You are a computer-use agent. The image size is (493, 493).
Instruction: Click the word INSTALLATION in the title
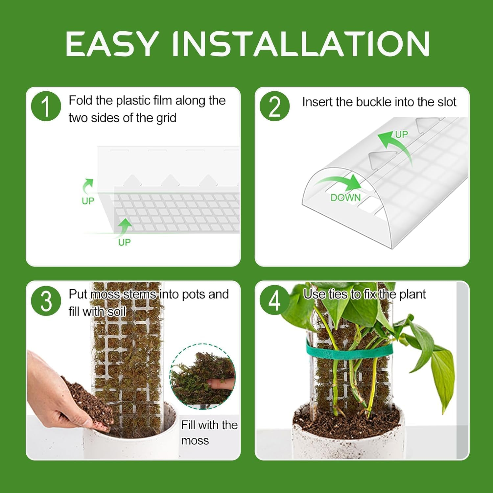tap(300, 44)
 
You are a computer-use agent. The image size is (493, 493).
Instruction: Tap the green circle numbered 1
tap(46, 106)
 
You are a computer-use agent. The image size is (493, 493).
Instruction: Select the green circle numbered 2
tap(274, 106)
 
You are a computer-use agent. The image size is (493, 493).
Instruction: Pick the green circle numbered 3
tap(46, 301)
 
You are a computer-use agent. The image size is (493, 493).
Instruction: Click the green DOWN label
tap(345, 198)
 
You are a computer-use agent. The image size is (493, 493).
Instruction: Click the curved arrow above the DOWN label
tap(340, 182)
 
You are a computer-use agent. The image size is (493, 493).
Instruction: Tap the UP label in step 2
tap(401, 134)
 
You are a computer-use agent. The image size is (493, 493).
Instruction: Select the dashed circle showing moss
tap(202, 376)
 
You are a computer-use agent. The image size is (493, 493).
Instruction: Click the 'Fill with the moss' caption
tap(209, 433)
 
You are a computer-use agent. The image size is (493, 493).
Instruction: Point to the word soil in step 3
tap(117, 312)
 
